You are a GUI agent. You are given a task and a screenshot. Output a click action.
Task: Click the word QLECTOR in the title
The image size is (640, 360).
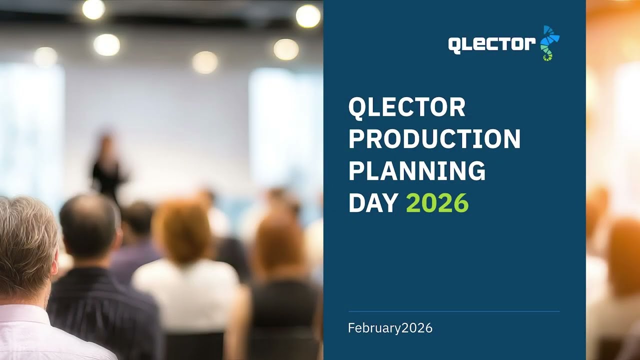click(406, 107)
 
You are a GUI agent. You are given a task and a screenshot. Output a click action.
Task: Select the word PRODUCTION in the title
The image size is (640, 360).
click(434, 139)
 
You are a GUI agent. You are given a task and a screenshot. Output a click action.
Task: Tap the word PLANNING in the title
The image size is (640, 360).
click(416, 171)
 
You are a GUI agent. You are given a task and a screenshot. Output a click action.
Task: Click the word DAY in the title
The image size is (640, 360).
click(373, 203)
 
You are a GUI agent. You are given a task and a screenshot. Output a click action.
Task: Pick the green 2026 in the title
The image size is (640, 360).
click(437, 203)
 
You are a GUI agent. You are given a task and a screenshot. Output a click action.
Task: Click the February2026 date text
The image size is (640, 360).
click(390, 328)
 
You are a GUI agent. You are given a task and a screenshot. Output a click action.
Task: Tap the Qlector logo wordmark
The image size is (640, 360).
click(492, 45)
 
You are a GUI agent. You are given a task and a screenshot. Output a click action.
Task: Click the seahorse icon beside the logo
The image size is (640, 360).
click(549, 43)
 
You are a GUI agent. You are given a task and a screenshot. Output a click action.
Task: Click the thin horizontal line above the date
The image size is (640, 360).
click(453, 311)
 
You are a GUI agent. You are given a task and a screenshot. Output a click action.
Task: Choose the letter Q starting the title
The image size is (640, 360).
click(357, 107)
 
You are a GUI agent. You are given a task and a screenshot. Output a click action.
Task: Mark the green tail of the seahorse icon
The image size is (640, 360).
click(547, 55)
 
